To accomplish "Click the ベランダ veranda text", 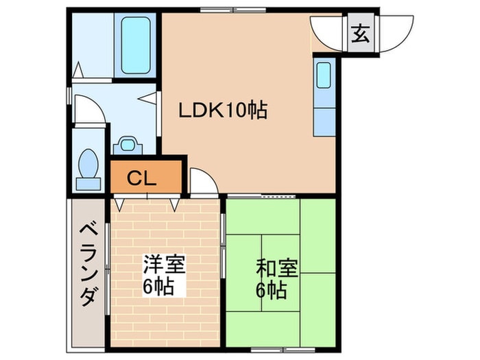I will tap(86, 264).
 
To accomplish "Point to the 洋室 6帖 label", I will tap(163, 274).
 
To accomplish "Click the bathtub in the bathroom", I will tap(136, 44).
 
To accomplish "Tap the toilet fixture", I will tap(87, 169).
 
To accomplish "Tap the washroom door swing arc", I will tap(91, 110).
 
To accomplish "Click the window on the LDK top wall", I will tap(232, 10).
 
